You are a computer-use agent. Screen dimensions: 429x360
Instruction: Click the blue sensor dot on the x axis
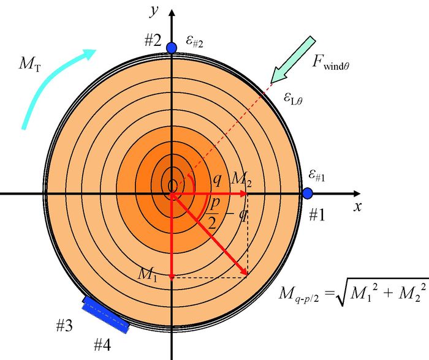point(308,193)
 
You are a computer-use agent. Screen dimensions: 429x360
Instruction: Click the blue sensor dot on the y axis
point(172,47)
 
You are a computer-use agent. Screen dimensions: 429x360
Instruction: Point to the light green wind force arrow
point(292,59)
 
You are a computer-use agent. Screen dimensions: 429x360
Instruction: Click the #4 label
point(102,345)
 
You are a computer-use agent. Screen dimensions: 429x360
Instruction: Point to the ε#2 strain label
point(194,42)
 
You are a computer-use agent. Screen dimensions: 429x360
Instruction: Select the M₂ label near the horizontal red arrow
point(240,178)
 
